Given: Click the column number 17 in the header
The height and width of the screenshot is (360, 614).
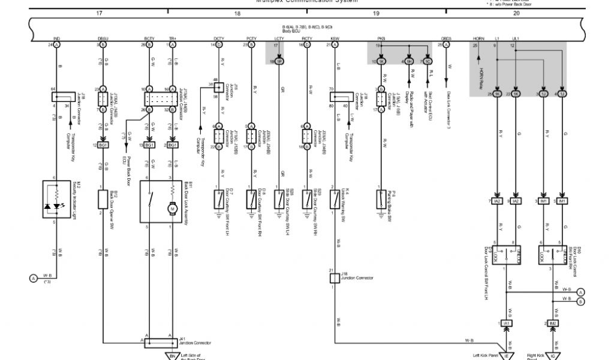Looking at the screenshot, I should tap(99, 12).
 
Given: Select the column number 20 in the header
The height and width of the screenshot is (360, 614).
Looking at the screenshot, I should tap(516, 12).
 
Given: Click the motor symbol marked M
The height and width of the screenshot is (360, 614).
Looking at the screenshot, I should tap(171, 209).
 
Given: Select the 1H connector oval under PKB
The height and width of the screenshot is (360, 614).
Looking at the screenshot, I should tap(408, 61).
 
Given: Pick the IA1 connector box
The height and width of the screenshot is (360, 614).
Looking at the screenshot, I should tap(507, 323).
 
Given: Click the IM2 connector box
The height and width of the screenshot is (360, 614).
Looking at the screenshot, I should tap(553, 323).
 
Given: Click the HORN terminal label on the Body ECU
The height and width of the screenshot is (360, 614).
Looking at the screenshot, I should tap(478, 39).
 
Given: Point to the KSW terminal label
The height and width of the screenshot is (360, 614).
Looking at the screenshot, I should tap(334, 39).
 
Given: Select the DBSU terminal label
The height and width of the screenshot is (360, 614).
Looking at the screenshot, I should tap(103, 39).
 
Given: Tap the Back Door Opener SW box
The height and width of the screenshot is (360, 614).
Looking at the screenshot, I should tap(103, 198).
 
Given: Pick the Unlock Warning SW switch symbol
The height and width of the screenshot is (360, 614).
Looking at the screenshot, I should tap(335, 199).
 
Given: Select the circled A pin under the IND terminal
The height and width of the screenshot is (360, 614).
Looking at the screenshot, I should tap(57, 45).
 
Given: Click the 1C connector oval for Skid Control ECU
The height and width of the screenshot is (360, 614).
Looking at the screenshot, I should tap(428, 61).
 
